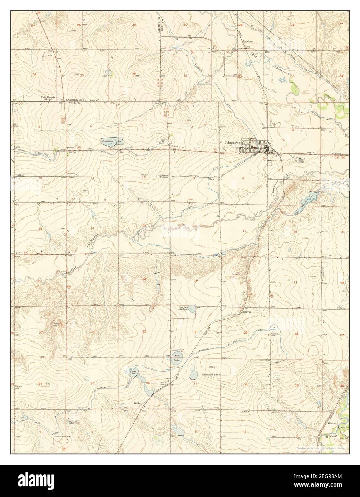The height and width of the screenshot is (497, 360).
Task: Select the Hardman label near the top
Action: click(x=248, y=41)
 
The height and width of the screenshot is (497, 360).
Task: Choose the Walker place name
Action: click(x=138, y=403)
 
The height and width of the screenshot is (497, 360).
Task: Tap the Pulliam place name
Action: click(x=164, y=177)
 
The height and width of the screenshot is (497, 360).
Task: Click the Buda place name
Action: click(x=71, y=177)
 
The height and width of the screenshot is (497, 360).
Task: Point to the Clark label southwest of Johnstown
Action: click(x=211, y=179)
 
